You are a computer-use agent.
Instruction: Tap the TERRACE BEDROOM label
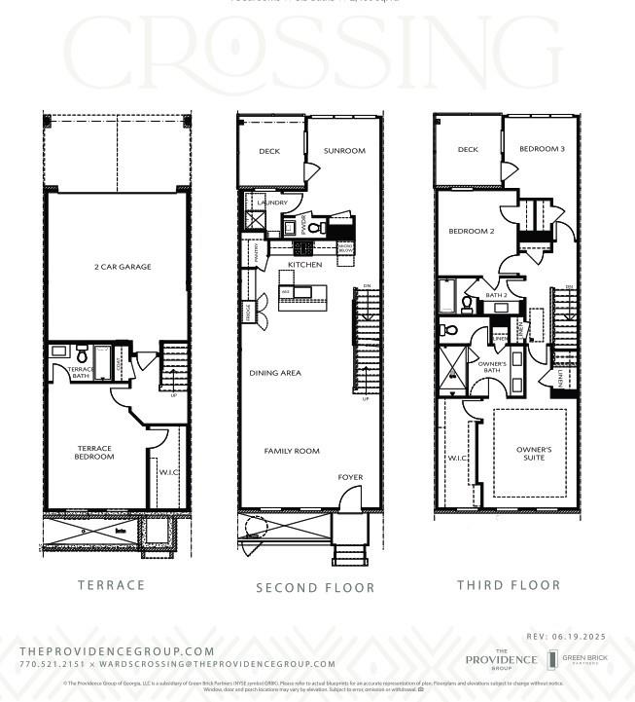pyautogui.click(x=94, y=453)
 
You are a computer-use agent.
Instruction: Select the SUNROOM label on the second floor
pyautogui.click(x=344, y=151)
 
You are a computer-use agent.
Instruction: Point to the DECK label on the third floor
pyautogui.click(x=468, y=150)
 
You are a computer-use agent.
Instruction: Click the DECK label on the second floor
pyautogui.click(x=269, y=151)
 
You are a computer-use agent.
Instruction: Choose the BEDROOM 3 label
pyautogui.click(x=541, y=149)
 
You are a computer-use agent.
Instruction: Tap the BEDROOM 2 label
pyautogui.click(x=472, y=232)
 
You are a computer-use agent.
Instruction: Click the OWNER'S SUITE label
pyautogui.click(x=533, y=454)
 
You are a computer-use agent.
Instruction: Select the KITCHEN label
pyautogui.click(x=304, y=265)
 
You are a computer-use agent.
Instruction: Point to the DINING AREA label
pyautogui.click(x=275, y=373)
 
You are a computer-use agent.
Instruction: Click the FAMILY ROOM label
pyautogui.click(x=292, y=451)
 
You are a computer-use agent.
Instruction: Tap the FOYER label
pyautogui.click(x=350, y=477)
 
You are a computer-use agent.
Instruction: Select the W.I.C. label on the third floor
pyautogui.click(x=457, y=456)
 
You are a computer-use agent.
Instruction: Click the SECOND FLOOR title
pyautogui.click(x=315, y=588)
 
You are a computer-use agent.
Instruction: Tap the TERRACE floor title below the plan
pyautogui.click(x=111, y=585)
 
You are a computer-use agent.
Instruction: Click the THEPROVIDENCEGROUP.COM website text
pyautogui.click(x=117, y=651)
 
